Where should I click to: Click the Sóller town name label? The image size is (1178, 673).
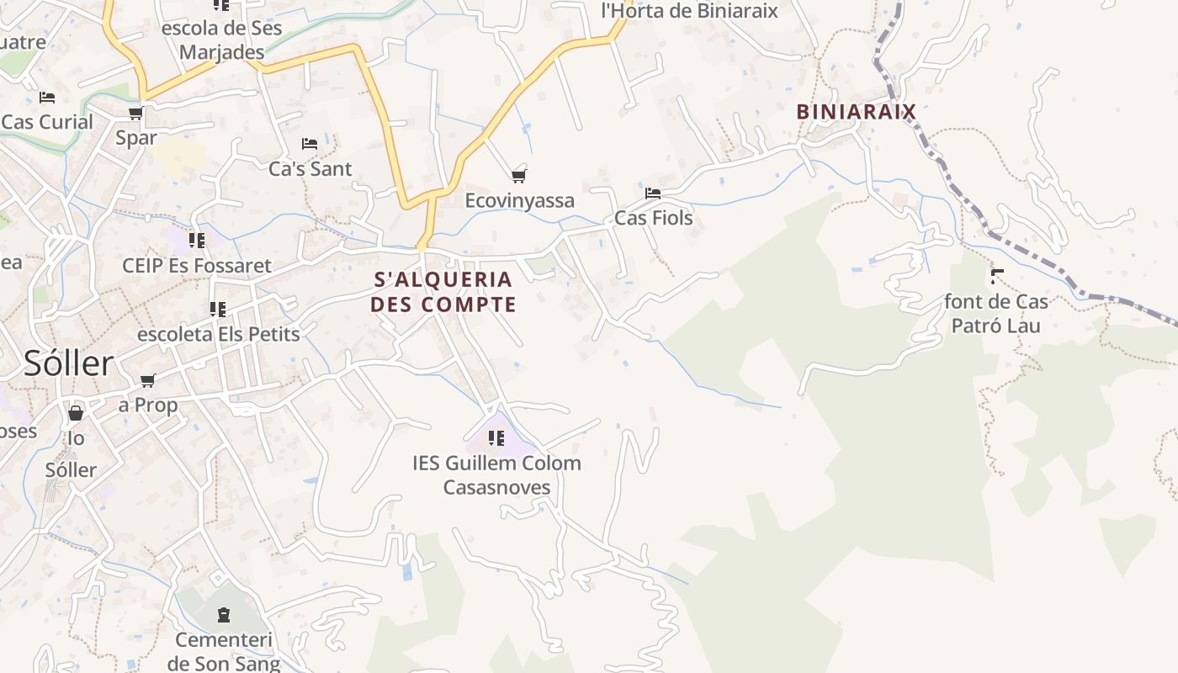[x=68, y=363]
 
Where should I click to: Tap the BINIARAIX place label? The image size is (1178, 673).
[x=856, y=111]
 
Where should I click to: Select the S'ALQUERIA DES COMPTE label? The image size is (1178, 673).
[x=443, y=291]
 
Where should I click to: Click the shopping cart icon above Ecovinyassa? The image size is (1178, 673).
[x=519, y=176]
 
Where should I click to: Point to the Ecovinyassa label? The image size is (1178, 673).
[x=520, y=200]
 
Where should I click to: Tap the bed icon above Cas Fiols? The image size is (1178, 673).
[x=652, y=193]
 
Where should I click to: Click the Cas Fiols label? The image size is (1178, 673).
[x=654, y=218]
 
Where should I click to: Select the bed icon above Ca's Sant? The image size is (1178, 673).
[x=310, y=144]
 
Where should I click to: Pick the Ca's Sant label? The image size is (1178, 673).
[x=310, y=168]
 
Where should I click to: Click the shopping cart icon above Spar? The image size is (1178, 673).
[x=136, y=113]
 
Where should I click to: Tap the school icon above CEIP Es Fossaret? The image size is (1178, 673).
[x=197, y=241]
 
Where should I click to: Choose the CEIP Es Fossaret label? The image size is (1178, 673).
[x=197, y=266]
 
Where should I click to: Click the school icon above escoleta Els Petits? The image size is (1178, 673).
[x=218, y=310]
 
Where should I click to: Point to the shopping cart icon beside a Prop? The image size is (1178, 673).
[x=148, y=380]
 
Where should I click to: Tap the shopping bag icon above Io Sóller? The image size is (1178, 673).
[x=76, y=413]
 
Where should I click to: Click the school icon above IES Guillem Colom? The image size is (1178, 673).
[x=496, y=438]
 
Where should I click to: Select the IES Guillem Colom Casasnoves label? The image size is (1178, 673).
[x=496, y=474]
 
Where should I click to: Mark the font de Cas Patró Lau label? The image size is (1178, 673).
[x=996, y=313]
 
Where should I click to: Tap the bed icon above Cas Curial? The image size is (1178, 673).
[x=47, y=98]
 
